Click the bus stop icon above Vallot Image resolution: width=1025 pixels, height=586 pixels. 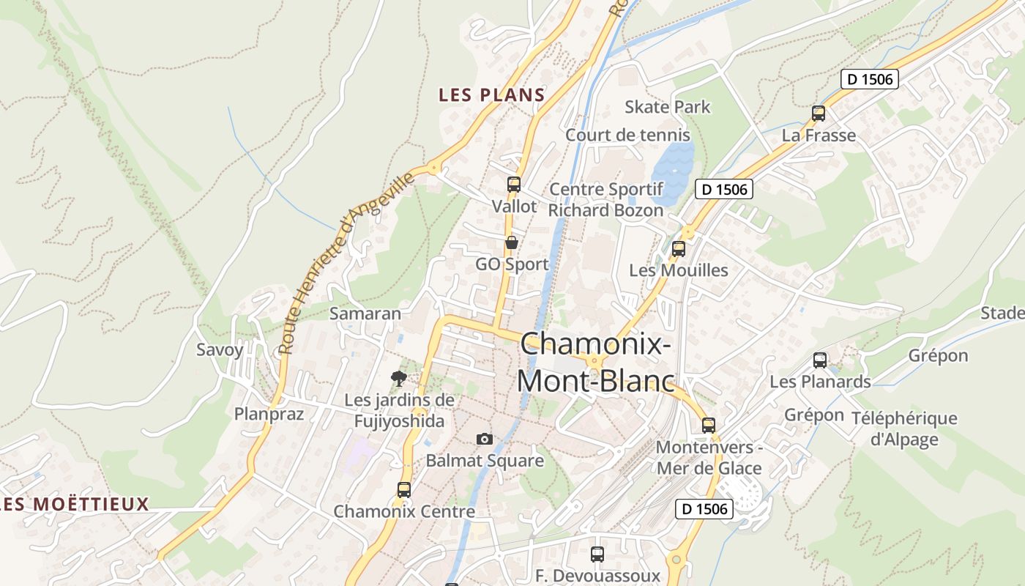point(514,185)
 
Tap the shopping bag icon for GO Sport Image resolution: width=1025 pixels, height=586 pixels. point(512,242)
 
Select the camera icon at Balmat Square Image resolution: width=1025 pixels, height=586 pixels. point(485,439)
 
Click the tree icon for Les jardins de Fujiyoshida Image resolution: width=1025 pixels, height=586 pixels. point(399,379)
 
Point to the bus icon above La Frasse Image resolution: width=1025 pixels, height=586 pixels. point(819,114)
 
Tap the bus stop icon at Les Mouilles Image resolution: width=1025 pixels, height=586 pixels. point(679,248)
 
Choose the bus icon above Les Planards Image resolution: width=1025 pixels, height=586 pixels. point(820,360)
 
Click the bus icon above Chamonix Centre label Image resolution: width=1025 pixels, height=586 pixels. point(404,490)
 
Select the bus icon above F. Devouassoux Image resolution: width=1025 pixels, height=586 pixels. point(597,555)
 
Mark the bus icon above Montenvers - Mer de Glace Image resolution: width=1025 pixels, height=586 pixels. point(709,425)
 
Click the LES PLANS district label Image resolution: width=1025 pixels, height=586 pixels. point(492,94)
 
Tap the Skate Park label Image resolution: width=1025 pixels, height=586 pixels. point(667,107)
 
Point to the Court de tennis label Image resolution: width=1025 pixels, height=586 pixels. point(627,135)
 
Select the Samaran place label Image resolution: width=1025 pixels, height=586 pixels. point(365,314)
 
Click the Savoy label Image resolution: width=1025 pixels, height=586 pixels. point(220,349)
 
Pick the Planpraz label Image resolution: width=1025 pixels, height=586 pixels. point(269,414)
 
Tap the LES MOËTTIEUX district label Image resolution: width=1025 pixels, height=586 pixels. point(75,504)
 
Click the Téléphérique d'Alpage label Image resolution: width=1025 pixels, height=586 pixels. point(904,429)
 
